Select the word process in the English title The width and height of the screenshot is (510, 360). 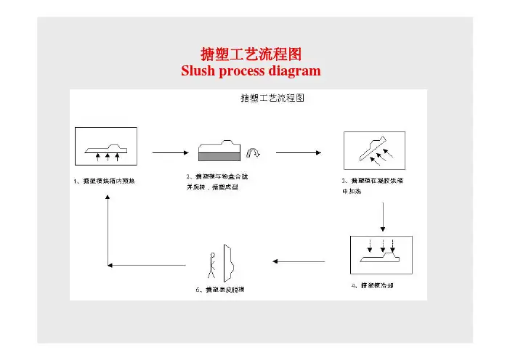[x=243, y=71]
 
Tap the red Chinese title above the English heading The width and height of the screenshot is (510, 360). [x=251, y=54]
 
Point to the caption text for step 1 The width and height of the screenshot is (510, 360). [x=109, y=181]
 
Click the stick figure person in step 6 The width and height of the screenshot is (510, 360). [x=211, y=263]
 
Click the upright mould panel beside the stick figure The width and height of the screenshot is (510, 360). [x=230, y=261]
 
